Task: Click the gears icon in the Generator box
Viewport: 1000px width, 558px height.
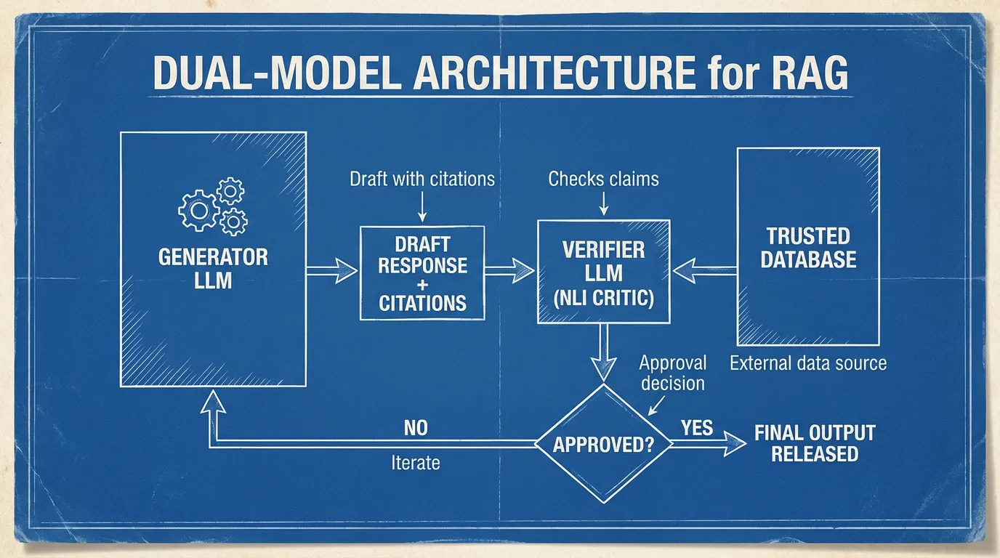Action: tap(213, 206)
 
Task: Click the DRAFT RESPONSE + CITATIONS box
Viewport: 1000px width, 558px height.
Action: tap(422, 273)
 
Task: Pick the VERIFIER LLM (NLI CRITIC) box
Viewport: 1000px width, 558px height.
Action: tap(603, 272)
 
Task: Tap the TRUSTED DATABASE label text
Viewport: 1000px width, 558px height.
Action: tap(808, 247)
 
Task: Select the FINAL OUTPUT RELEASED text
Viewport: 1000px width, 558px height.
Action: tap(815, 443)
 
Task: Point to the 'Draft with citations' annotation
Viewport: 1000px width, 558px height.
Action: tap(422, 179)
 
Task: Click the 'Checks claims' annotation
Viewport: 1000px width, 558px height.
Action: tap(603, 179)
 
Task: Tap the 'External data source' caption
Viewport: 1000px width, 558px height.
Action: tap(808, 363)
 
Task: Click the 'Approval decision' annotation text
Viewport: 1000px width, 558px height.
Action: tap(672, 373)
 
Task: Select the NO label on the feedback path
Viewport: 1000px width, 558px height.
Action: tap(416, 428)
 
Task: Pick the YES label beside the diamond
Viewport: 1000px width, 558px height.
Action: tap(697, 427)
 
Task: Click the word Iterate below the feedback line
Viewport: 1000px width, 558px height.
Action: tap(416, 462)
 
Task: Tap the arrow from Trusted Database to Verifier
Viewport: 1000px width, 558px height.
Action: tap(704, 271)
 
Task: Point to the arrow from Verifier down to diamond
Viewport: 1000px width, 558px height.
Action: tap(602, 352)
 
